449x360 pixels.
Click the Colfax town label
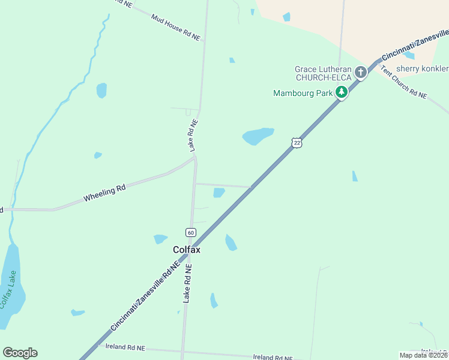tap(186, 250)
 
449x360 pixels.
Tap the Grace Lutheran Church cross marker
tap(360, 73)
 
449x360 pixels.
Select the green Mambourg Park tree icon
tap(341, 92)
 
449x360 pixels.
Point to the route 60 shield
tap(190, 232)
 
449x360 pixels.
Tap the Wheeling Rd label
tap(104, 193)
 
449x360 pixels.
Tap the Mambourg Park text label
tap(303, 93)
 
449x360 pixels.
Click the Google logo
tap(20, 353)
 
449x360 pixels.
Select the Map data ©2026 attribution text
tap(423, 355)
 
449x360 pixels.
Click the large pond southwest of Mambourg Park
tap(258, 136)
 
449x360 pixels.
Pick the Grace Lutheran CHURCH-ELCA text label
tap(322, 73)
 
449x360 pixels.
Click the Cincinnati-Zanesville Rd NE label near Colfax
tap(145, 296)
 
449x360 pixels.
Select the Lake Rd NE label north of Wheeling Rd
tap(193, 134)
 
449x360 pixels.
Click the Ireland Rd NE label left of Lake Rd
tap(125, 347)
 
